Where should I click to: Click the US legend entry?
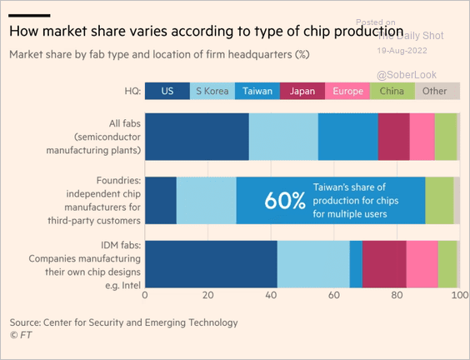167,91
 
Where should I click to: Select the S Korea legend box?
212,91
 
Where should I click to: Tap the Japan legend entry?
302,91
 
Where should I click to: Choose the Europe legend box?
347,91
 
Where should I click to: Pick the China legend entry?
392,91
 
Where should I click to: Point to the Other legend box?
437,91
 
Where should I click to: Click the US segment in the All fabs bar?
197,137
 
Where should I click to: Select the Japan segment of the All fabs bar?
394,137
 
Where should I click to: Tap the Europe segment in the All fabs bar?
422,137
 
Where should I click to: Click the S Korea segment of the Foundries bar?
207,201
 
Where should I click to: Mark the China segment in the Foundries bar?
440,201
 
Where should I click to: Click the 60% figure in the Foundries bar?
285,201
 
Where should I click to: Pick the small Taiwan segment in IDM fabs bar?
356,264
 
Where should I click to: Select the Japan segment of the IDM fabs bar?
384,264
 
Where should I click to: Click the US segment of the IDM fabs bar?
212,264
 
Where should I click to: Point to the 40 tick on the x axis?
271,295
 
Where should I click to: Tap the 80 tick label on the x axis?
397,295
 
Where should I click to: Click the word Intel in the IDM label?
132,285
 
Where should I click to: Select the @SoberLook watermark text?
407,75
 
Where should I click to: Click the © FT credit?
21,335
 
